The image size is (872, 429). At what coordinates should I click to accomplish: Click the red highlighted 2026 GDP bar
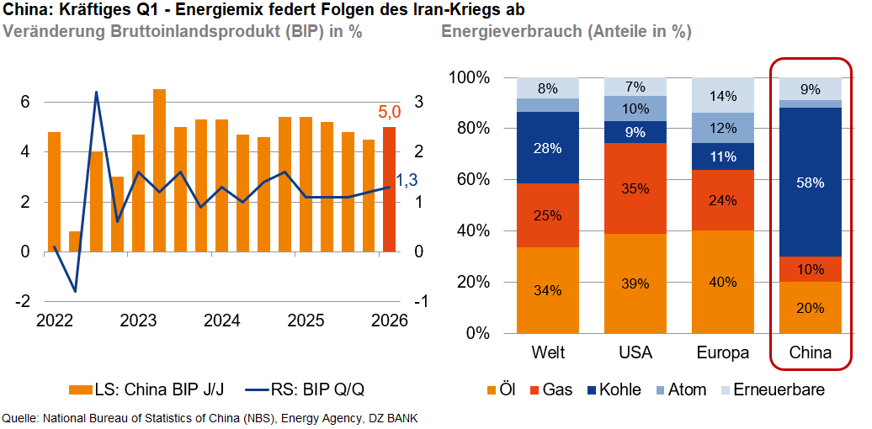click(388, 189)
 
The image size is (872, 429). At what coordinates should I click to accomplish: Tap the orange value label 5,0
click(387, 111)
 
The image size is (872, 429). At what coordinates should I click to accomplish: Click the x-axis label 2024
click(222, 320)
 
